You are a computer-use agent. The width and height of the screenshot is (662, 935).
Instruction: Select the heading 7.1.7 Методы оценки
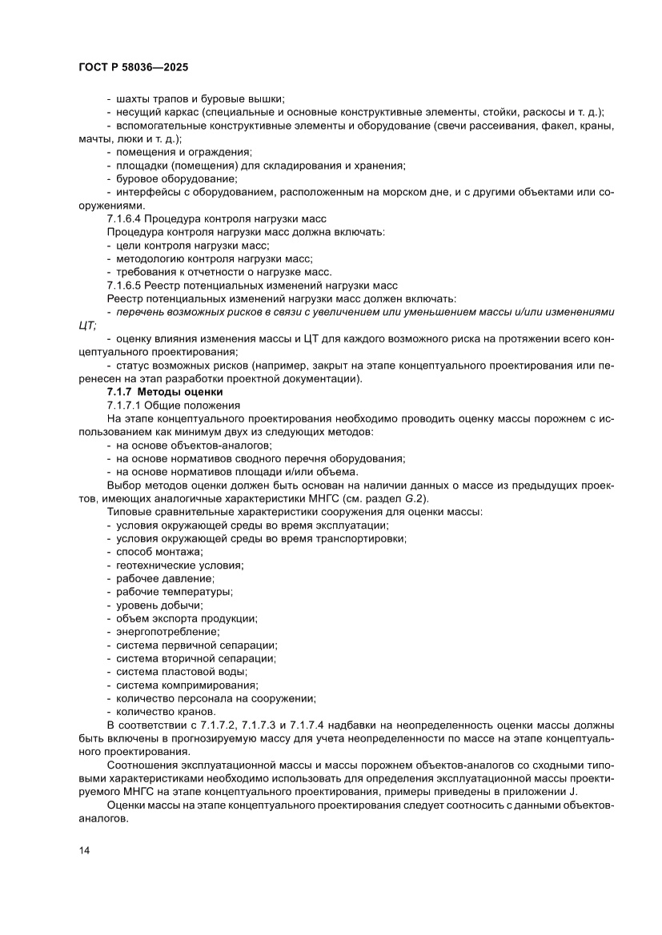coord(165,392)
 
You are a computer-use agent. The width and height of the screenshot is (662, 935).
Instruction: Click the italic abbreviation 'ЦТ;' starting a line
coord(82,325)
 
